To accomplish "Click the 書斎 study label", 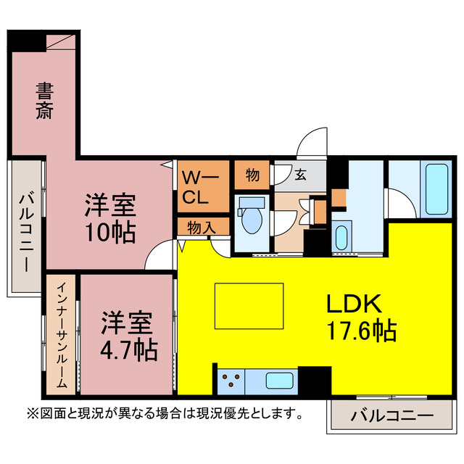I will (45, 101).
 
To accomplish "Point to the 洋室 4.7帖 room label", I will (128, 335).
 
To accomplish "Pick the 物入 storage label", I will (202, 227).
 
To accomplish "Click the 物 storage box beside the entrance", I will (252, 175).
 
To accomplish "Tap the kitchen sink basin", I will (279, 381).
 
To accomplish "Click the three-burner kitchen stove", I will (232, 381).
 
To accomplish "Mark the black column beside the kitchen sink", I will (314, 380).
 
